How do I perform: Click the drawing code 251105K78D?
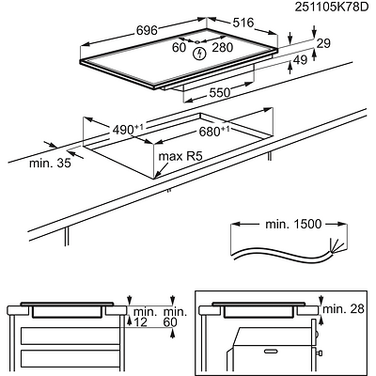(331, 7)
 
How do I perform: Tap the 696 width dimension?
(147, 30)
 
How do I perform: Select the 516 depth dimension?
(243, 23)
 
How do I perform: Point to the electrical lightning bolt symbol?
(198, 54)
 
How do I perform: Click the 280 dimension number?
(223, 47)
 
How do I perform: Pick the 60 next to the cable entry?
(179, 47)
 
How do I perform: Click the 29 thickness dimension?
(323, 43)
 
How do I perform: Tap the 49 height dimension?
(301, 60)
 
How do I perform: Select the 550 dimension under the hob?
(220, 93)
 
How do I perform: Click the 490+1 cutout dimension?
(128, 130)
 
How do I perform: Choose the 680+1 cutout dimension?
(214, 132)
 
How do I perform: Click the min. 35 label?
(50, 164)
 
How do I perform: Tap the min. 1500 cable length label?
(293, 224)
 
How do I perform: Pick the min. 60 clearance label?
(175, 317)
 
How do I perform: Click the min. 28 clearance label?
(343, 309)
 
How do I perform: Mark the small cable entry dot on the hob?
(197, 41)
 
